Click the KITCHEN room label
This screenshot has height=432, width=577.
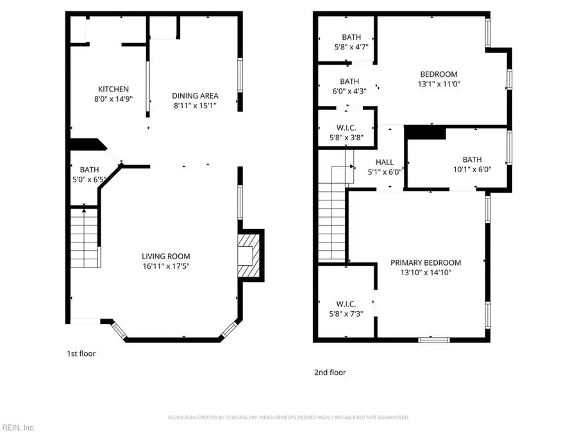pyautogui.click(x=113, y=89)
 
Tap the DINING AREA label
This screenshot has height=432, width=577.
pyautogui.click(x=195, y=96)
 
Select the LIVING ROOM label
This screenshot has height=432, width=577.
pyautogui.click(x=166, y=256)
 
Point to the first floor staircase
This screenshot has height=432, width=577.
pyautogui.click(x=84, y=237)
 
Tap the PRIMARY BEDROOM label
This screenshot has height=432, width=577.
pyautogui.click(x=426, y=262)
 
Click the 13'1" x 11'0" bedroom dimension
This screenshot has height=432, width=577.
pyautogui.click(x=439, y=83)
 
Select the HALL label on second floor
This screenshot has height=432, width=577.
pyautogui.click(x=385, y=162)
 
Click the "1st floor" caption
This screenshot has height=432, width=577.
pyautogui.click(x=81, y=353)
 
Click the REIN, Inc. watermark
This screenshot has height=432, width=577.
pyautogui.click(x=18, y=427)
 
